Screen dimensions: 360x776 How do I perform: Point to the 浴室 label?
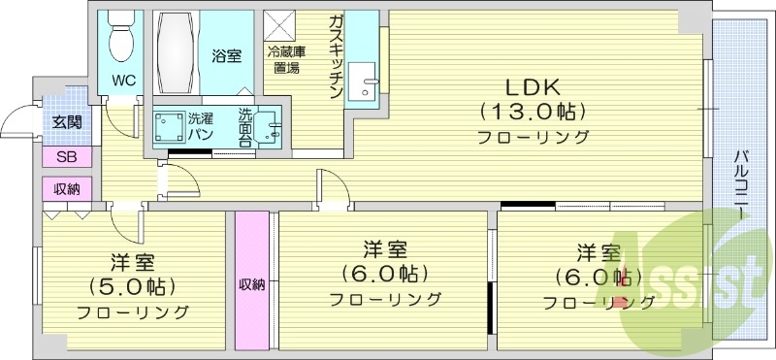coord(226,56)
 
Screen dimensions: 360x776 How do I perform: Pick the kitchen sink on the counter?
coord(367,83)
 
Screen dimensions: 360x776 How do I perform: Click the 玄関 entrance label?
coord(66,121)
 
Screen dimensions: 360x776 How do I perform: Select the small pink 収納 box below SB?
coord(67,188)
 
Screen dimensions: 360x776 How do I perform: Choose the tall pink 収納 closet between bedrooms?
coord(251,280)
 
